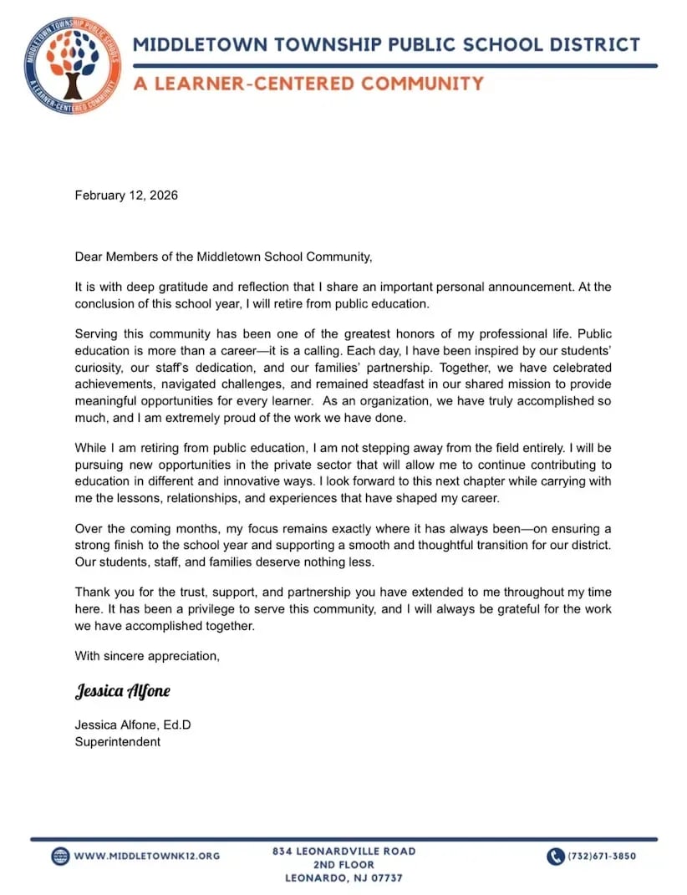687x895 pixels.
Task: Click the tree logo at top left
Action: (73, 65)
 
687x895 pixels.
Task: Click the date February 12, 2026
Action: (126, 196)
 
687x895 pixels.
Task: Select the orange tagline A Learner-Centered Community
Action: (308, 84)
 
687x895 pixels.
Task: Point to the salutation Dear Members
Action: (113, 257)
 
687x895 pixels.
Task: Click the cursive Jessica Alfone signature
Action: (123, 692)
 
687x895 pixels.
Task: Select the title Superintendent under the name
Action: (117, 741)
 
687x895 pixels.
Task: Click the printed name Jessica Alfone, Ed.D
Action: (133, 725)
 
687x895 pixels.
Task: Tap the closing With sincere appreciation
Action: (147, 656)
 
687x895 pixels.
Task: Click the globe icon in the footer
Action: (60, 856)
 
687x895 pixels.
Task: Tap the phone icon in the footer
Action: (556, 856)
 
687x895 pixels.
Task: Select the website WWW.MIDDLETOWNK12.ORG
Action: (147, 856)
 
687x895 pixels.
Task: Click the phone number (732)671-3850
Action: (602, 856)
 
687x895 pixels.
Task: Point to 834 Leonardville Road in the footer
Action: (343, 851)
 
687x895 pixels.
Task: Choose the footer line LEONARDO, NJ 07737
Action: (343, 878)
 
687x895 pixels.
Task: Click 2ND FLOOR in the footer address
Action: (343, 864)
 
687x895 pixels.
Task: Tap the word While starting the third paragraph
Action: (91, 446)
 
